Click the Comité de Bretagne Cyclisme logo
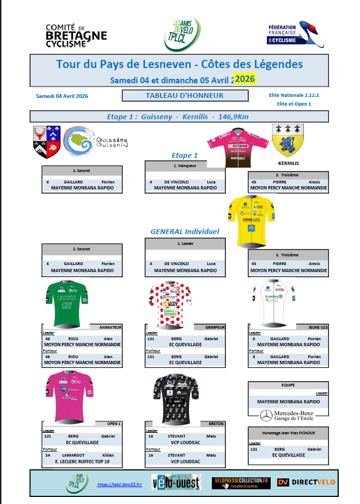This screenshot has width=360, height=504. [76, 35]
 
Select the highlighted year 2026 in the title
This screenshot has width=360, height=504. [244, 79]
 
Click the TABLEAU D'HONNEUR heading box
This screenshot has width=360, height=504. [185, 96]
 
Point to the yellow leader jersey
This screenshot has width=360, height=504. [252, 220]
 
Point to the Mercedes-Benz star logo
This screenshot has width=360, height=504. [266, 415]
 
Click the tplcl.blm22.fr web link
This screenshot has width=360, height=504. [119, 484]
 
